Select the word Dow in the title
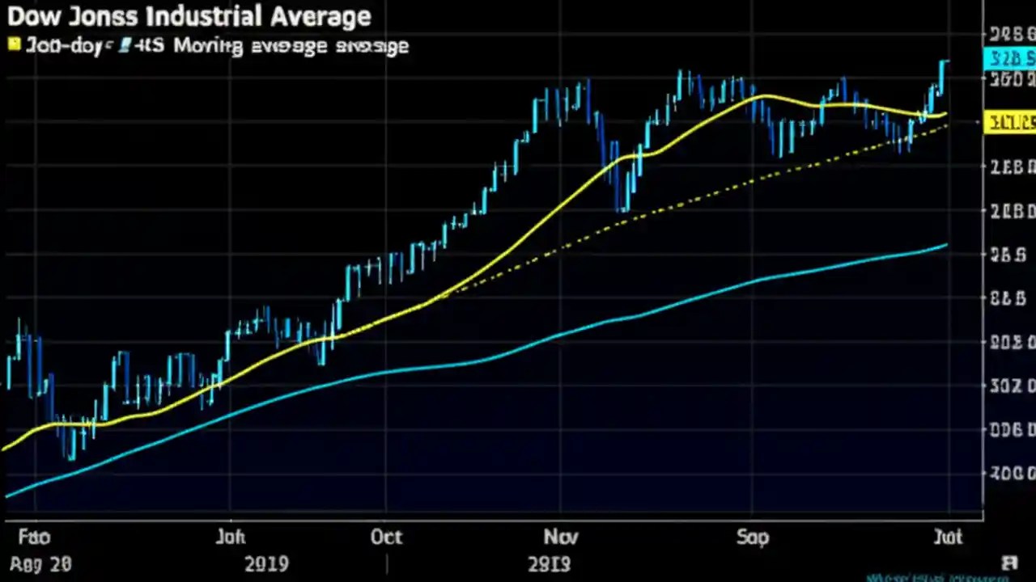(30, 16)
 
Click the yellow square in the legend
(14, 44)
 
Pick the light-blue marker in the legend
(124, 46)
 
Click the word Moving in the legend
(207, 46)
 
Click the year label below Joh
(265, 563)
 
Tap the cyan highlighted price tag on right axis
(1008, 58)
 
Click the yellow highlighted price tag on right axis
(1009, 124)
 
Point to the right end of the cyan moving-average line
(946, 245)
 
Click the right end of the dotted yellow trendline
(946, 126)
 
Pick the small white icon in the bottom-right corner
(1008, 563)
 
